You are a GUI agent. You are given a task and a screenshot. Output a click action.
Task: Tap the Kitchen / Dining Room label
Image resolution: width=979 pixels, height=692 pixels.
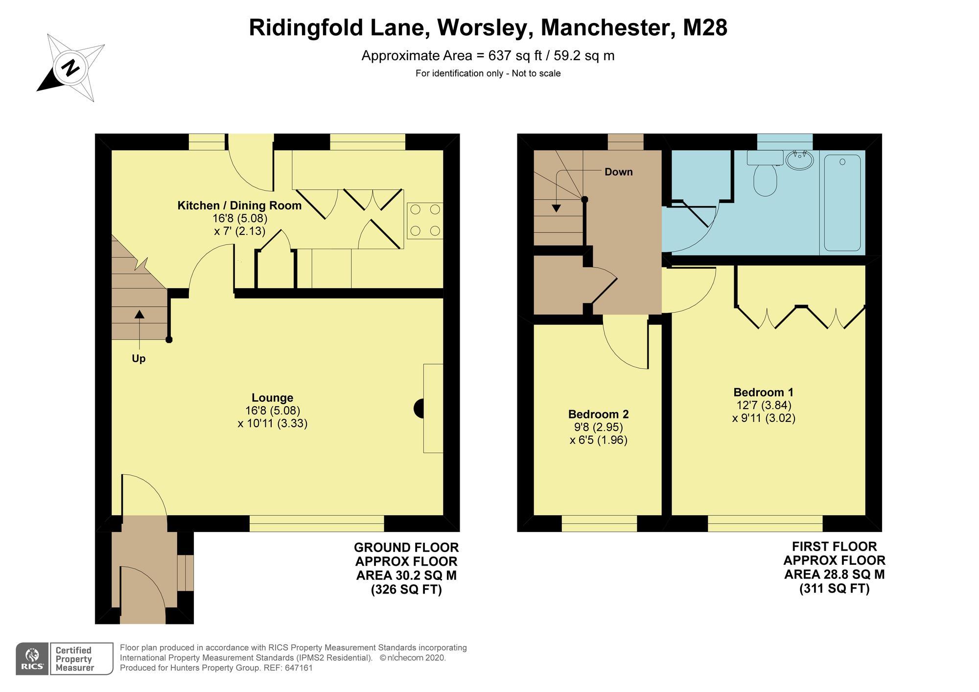point(239,206)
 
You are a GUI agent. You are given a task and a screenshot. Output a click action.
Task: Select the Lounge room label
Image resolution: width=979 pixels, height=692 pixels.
point(272,398)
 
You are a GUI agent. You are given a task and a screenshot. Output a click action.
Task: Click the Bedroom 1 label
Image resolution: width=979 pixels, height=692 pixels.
point(763,392)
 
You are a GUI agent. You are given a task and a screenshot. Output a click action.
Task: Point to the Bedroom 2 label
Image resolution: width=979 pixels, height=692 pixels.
point(598,414)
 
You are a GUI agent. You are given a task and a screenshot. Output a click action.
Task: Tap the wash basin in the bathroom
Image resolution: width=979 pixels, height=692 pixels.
point(799,160)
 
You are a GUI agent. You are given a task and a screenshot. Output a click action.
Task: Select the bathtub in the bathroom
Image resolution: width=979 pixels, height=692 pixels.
point(842,203)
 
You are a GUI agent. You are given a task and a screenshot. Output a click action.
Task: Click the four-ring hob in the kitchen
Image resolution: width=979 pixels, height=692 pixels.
point(425,220)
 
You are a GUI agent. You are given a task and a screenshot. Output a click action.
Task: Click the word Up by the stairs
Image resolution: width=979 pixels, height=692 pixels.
point(139,359)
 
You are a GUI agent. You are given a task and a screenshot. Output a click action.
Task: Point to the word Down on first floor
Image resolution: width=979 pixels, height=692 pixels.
point(618,172)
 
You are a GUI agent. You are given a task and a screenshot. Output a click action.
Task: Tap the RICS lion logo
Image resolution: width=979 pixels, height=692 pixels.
point(32,658)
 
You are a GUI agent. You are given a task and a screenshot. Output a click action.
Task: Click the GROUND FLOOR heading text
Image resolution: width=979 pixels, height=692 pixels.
point(406,547)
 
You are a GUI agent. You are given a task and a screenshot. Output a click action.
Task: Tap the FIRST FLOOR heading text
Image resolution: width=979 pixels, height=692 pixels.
point(834,546)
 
